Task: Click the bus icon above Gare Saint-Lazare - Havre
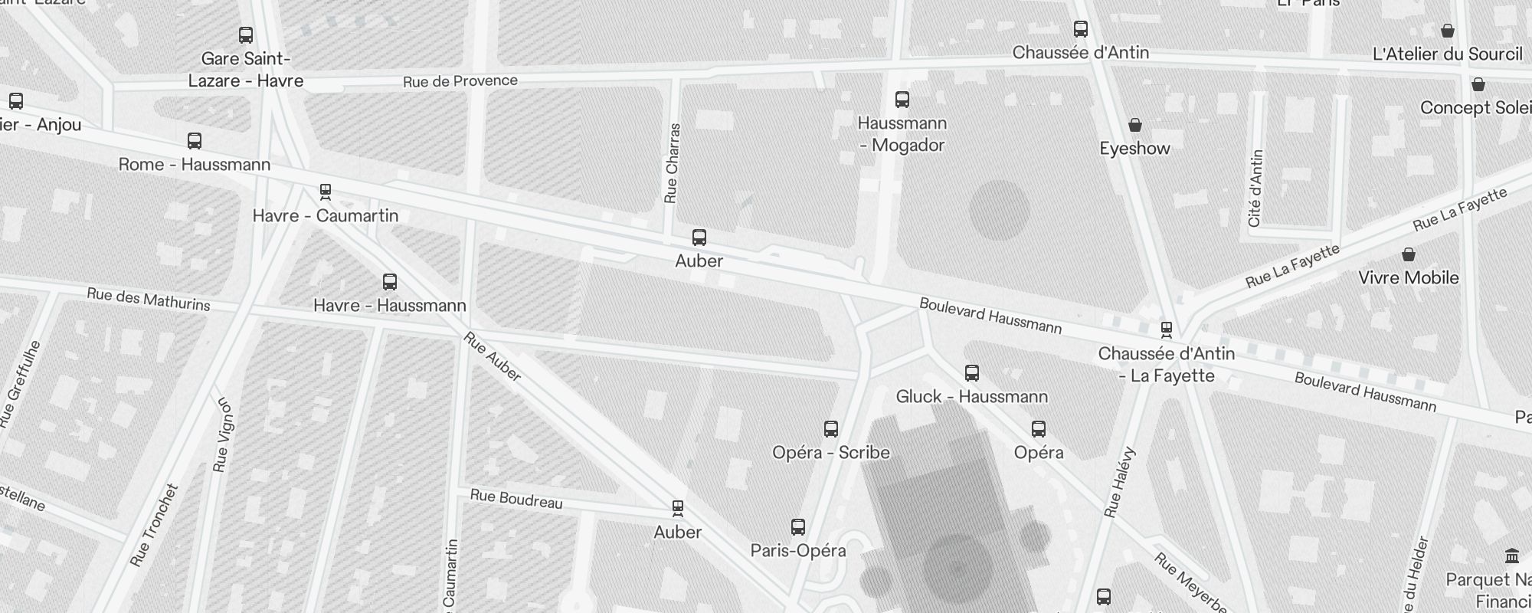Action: [246, 35]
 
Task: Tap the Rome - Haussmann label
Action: [195, 165]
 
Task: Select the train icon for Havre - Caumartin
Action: [326, 192]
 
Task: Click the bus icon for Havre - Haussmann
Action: [390, 282]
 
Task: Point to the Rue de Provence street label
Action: [460, 81]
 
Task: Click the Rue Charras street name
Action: [672, 163]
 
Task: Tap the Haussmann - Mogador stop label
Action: [902, 134]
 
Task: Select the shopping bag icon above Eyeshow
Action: [1135, 125]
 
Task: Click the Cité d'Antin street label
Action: [1255, 188]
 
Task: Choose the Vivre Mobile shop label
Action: [1408, 277]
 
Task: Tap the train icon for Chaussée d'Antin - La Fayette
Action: [1167, 330]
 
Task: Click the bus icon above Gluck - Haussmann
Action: [972, 373]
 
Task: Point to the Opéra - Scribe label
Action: [831, 452]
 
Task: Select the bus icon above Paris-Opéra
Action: [798, 527]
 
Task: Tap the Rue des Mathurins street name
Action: [149, 299]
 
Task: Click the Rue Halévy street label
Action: [1119, 482]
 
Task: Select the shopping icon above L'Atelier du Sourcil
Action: [1448, 31]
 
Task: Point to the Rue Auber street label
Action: [493, 356]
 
